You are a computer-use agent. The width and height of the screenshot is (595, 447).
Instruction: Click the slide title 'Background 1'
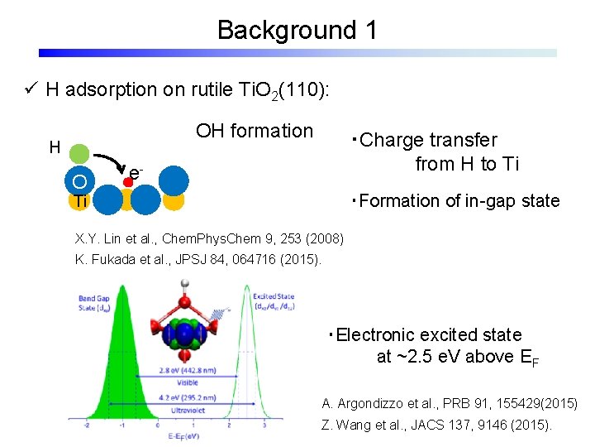coord(297,31)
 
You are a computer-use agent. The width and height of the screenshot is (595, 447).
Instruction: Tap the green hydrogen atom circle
coord(79,154)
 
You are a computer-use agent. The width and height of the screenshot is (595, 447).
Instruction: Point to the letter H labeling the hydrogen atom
coord(54,147)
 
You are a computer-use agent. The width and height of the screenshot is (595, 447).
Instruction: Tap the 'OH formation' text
coord(255,131)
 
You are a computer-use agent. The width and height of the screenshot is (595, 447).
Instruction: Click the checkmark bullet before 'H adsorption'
coord(31,89)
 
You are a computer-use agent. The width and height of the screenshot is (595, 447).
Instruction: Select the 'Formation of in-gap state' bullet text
coord(456,200)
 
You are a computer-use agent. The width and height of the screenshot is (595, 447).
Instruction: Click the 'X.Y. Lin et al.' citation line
coord(208,239)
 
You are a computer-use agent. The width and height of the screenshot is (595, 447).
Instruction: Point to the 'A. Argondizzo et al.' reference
coord(450,404)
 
